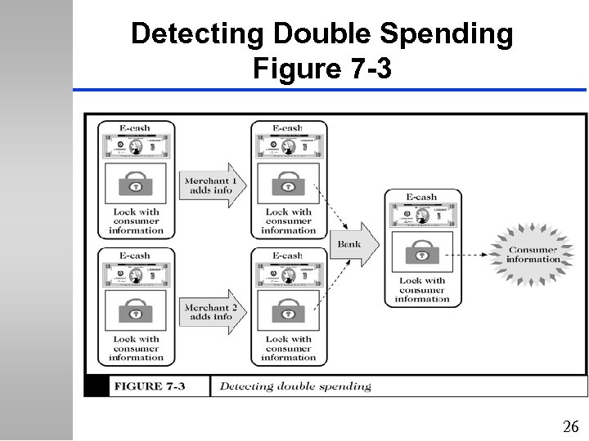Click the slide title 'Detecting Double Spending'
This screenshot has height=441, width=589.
322,34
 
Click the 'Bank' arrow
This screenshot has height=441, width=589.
353,243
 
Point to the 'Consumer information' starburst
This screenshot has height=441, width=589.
533,254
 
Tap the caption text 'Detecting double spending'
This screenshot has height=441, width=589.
295,386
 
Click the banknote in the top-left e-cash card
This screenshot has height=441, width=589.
137,146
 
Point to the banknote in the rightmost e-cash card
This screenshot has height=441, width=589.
422,215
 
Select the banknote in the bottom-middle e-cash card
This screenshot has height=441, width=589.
288,273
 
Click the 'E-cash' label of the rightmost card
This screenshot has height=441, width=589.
422,197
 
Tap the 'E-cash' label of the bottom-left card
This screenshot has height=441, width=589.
137,255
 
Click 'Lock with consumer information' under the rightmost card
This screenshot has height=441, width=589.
422,290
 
